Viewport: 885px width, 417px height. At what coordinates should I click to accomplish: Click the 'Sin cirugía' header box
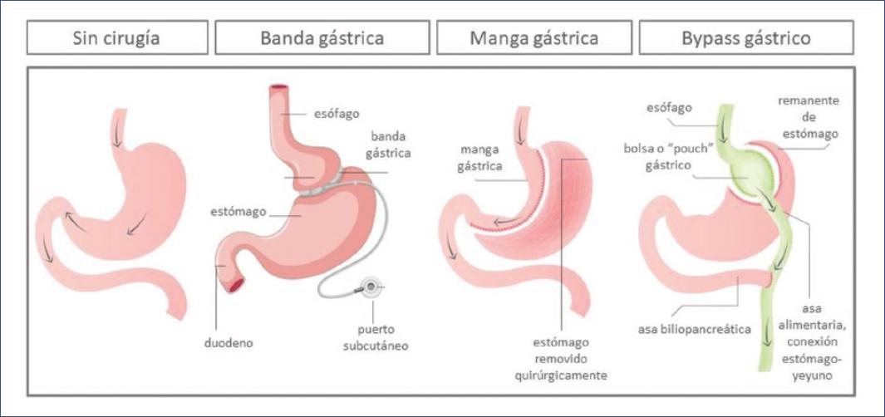click(117, 38)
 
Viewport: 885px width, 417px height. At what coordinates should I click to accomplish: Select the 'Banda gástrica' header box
click(322, 38)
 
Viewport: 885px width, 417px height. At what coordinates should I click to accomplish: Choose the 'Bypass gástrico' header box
click(745, 38)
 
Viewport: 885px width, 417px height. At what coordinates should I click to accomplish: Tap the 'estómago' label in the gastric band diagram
click(238, 211)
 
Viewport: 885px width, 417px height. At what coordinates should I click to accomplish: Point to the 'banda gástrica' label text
click(386, 145)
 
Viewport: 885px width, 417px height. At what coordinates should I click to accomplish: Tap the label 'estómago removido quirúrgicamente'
click(561, 358)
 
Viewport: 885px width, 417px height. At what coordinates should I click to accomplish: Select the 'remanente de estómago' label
click(808, 117)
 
